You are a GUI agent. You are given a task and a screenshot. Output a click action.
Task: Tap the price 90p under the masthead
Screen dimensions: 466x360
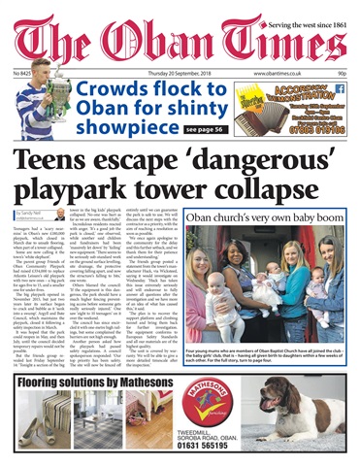(x=341, y=73)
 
